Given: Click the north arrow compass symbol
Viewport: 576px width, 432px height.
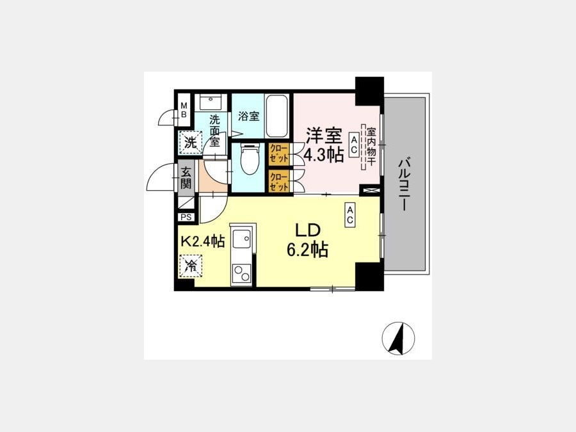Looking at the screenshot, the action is click(x=398, y=339).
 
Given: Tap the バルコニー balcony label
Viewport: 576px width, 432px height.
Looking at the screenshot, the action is click(x=404, y=184).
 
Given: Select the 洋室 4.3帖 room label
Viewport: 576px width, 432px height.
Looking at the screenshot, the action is click(x=324, y=145).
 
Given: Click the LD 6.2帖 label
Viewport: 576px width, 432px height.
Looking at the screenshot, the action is click(x=308, y=240).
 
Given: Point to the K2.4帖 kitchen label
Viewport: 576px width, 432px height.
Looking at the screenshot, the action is click(x=203, y=241).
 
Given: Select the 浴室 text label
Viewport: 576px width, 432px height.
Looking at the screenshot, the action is click(x=249, y=116).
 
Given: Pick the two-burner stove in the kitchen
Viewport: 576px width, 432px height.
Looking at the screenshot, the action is click(x=241, y=273).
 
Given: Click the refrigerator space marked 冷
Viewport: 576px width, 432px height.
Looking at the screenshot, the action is click(x=191, y=266).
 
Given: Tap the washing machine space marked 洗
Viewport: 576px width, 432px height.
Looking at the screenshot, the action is click(x=191, y=142).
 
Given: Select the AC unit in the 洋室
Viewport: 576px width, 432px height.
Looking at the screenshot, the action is click(x=354, y=145).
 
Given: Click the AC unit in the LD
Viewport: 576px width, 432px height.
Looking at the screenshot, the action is click(x=349, y=215).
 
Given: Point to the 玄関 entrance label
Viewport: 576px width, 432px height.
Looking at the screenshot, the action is click(x=186, y=178).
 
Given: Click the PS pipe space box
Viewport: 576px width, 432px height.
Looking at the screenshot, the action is click(x=186, y=217).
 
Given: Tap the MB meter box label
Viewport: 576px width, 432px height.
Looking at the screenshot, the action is click(x=184, y=110).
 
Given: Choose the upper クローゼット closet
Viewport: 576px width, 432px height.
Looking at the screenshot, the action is click(x=279, y=154).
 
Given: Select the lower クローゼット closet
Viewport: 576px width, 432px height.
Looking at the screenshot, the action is click(x=279, y=181).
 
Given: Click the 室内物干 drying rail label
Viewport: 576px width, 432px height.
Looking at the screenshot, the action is click(x=371, y=147).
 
